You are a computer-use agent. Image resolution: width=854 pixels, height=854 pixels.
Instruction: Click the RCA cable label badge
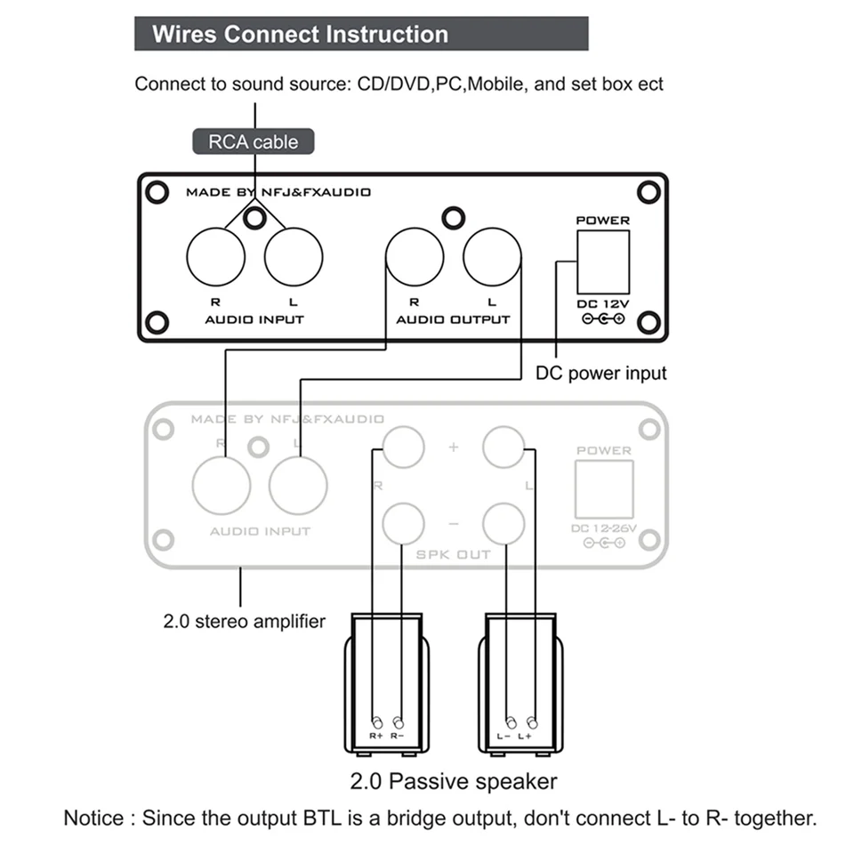coord(254,141)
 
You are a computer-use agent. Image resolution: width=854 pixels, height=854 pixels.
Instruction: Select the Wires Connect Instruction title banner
coord(360,35)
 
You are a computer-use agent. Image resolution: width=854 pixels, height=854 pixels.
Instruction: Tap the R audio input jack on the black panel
coord(216,257)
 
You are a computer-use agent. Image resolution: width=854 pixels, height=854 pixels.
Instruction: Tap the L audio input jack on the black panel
coord(294,257)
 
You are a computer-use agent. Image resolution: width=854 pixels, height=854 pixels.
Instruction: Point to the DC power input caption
coord(600,373)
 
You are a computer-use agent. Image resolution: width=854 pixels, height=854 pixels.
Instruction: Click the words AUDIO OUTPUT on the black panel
coord(453,319)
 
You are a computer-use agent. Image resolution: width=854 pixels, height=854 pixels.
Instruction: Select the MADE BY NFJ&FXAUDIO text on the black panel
coord(278,191)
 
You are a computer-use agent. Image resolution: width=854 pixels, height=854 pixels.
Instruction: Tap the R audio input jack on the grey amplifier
coord(222,485)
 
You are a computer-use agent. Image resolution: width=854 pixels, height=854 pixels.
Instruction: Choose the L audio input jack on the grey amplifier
coord(298,485)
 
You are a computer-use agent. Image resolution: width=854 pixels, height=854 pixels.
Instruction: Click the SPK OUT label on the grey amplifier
coord(454,554)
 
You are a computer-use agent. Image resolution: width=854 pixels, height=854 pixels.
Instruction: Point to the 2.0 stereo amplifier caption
coord(244,622)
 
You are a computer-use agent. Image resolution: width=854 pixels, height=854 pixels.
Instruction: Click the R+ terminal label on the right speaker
coord(376,737)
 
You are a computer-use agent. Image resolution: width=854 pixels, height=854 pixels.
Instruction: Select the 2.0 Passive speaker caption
coord(454,782)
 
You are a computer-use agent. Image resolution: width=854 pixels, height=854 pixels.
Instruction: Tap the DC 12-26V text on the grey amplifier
coord(603,528)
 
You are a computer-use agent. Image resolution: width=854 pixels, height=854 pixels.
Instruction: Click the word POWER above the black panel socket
coord(602,220)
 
